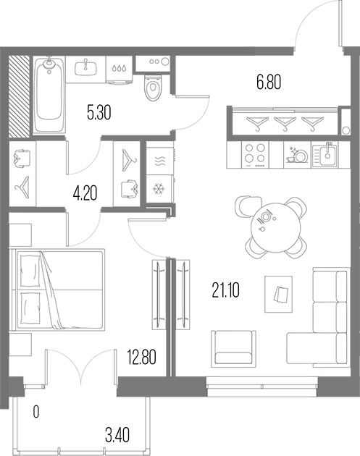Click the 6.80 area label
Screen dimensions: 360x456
click(x=269, y=83)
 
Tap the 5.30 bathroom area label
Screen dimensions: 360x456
click(x=99, y=113)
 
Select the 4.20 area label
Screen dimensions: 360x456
click(x=85, y=194)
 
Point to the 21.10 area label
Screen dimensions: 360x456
click(x=226, y=290)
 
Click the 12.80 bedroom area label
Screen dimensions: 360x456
click(x=142, y=358)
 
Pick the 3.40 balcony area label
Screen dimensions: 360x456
click(x=117, y=435)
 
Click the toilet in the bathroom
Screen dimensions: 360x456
click(x=153, y=88)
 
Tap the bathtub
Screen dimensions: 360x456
click(x=49, y=95)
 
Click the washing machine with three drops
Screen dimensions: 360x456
click(x=120, y=69)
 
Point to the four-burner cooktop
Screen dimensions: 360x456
click(x=255, y=154)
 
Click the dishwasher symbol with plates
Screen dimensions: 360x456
click(x=298, y=155)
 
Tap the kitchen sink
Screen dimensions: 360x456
click(x=325, y=154)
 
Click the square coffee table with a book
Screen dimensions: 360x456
click(x=279, y=295)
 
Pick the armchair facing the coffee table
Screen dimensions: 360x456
click(x=234, y=347)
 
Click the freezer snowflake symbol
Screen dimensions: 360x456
click(x=159, y=189)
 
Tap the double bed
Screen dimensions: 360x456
click(x=56, y=289)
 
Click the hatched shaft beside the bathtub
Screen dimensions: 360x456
click(x=20, y=96)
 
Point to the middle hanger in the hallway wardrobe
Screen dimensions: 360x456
click(x=285, y=124)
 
